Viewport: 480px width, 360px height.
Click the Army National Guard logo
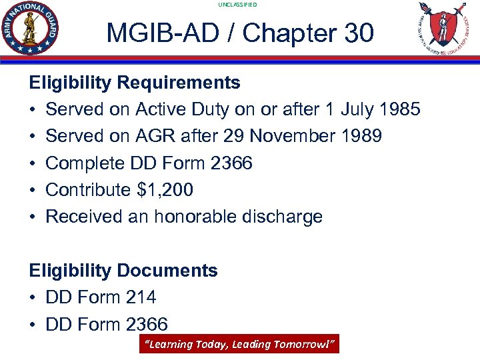coord(31,28)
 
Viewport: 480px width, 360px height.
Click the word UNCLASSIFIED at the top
coord(237,5)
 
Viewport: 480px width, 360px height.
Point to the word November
coord(291,136)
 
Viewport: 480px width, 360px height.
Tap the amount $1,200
coord(165,190)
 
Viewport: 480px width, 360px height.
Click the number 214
coord(141,297)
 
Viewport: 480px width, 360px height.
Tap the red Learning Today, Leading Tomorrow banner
coord(239,344)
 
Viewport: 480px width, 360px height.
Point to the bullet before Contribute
coord(33,190)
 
